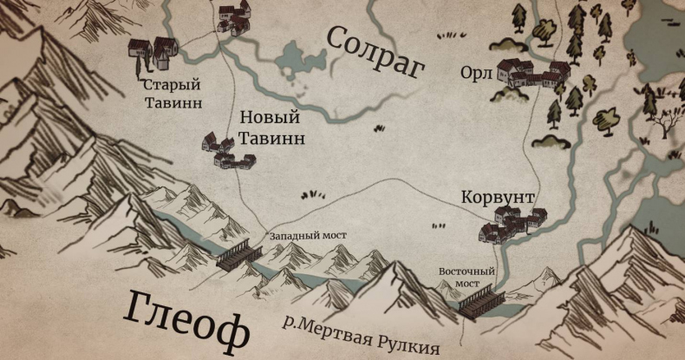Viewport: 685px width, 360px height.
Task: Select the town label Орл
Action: pos(477,75)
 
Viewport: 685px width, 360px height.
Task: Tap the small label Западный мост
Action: pos(304,234)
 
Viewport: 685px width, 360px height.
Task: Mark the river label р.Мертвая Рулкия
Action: pos(362,334)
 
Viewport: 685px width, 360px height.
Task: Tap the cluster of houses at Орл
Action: pos(531,74)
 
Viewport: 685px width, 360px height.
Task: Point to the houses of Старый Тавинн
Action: pos(153,52)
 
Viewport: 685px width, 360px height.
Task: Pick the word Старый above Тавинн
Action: pos(172,85)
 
